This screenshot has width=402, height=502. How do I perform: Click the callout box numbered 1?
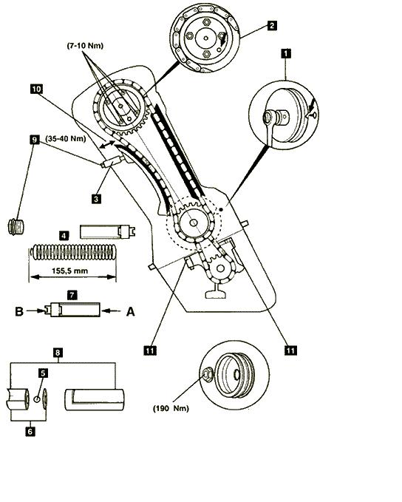(x=286, y=53)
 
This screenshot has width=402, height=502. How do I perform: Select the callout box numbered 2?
(x=272, y=25)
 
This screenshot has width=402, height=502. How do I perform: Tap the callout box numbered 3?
(x=96, y=198)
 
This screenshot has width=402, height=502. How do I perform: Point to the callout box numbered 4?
(x=64, y=237)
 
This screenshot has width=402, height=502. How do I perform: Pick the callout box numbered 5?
(x=43, y=373)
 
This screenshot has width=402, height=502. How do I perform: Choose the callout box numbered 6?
(x=30, y=432)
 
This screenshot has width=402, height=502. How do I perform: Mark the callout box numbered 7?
(x=72, y=295)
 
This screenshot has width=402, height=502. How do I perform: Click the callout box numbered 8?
(x=58, y=353)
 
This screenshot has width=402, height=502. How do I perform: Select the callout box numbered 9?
(x=34, y=140)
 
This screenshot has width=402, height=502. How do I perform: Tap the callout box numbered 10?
(x=36, y=89)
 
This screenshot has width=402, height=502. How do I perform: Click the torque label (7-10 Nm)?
(x=85, y=46)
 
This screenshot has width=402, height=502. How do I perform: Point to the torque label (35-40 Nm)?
(x=66, y=139)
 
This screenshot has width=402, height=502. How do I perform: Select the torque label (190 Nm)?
(x=171, y=409)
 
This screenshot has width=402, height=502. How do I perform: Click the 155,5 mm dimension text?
(x=69, y=271)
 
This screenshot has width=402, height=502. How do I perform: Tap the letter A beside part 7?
(x=131, y=311)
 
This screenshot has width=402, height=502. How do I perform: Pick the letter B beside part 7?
(x=19, y=311)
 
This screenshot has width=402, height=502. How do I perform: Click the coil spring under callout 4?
(x=73, y=252)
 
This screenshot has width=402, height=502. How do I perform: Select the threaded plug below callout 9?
(x=16, y=227)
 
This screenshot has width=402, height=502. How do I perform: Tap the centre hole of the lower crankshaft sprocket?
(x=194, y=223)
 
